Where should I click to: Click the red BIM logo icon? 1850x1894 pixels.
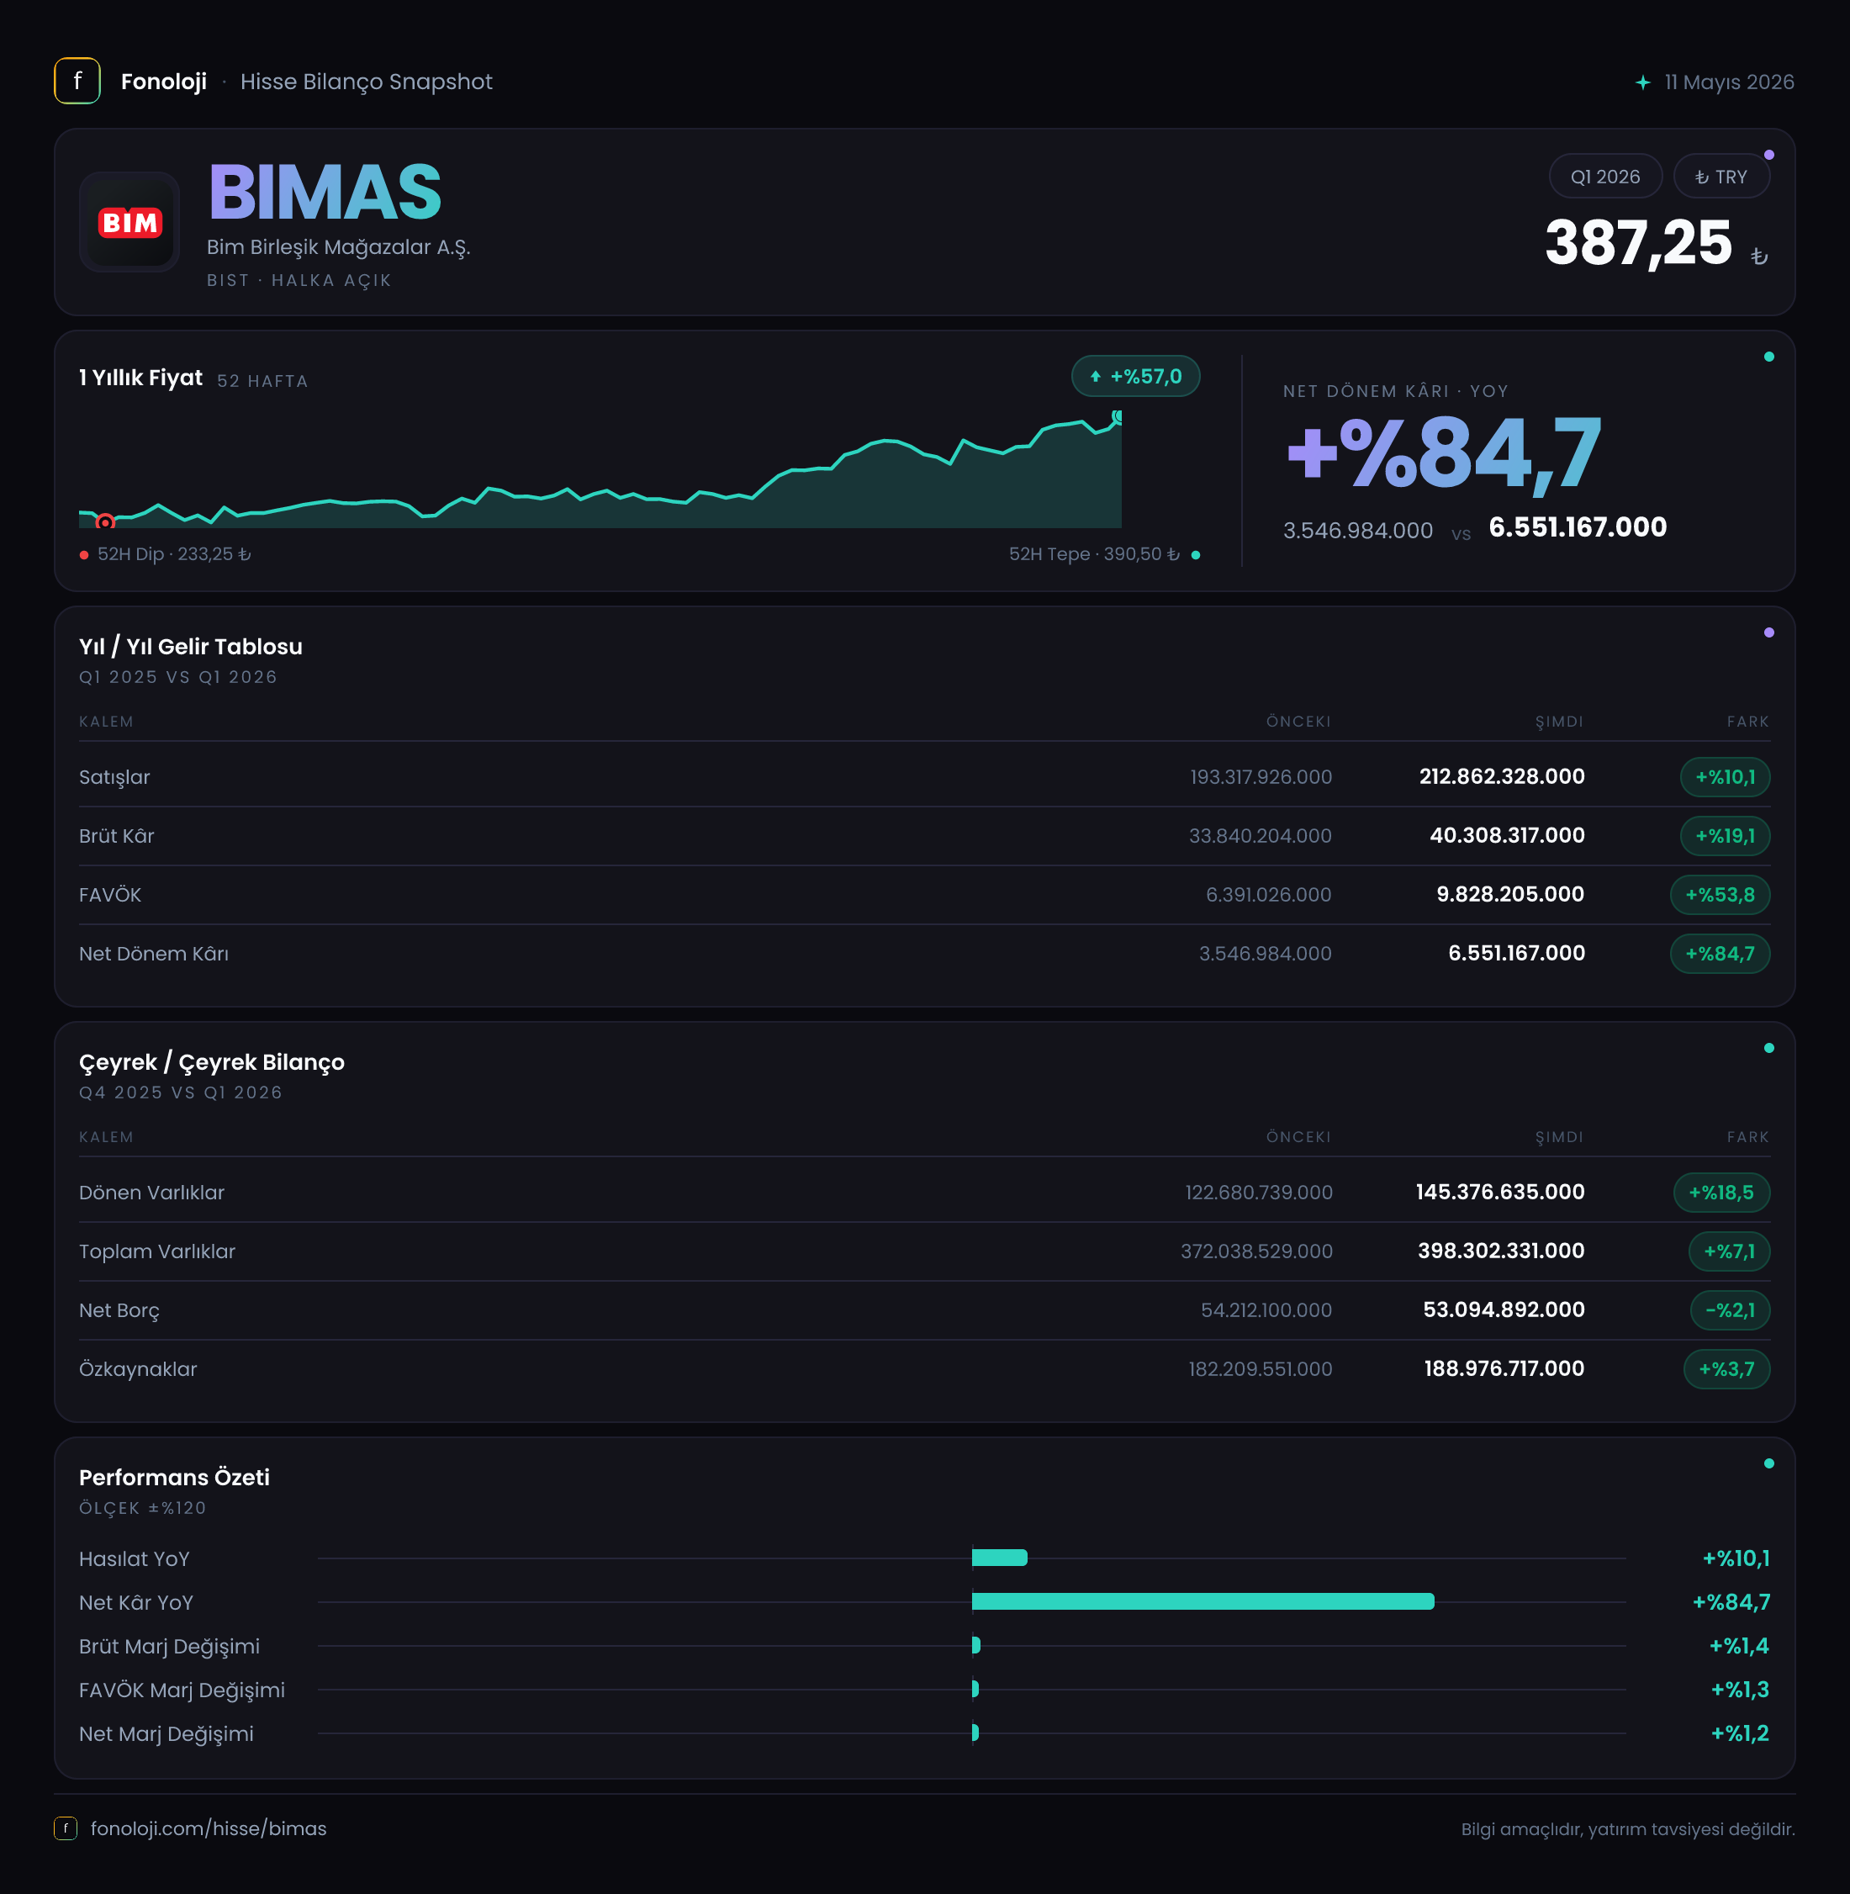(129, 223)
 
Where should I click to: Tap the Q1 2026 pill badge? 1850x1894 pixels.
(1604, 177)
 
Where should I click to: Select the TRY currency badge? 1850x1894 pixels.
(1720, 177)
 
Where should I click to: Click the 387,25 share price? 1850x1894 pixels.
(1638, 242)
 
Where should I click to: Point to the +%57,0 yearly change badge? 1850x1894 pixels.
(1135, 376)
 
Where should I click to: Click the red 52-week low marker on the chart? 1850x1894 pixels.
(105, 521)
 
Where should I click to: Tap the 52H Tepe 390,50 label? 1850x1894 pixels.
(1094, 554)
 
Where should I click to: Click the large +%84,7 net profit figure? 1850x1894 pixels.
(1444, 452)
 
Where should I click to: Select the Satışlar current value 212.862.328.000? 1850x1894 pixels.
(1501, 776)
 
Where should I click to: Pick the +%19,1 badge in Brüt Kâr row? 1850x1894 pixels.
(1725, 836)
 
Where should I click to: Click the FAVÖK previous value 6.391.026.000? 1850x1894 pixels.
(1268, 894)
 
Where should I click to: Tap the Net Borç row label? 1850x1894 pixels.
(119, 1310)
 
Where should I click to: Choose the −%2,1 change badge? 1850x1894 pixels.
(1730, 1310)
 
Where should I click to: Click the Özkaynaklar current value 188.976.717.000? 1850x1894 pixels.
(1504, 1368)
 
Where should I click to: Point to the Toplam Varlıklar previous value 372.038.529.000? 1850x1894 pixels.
(1256, 1251)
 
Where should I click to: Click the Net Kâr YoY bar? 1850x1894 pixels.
(1202, 1601)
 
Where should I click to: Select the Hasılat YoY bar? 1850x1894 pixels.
(999, 1558)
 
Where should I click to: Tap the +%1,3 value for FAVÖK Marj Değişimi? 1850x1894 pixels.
(1739, 1690)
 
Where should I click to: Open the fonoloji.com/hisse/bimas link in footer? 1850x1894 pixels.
(208, 1828)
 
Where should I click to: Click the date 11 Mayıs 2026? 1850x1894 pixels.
(1729, 82)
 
